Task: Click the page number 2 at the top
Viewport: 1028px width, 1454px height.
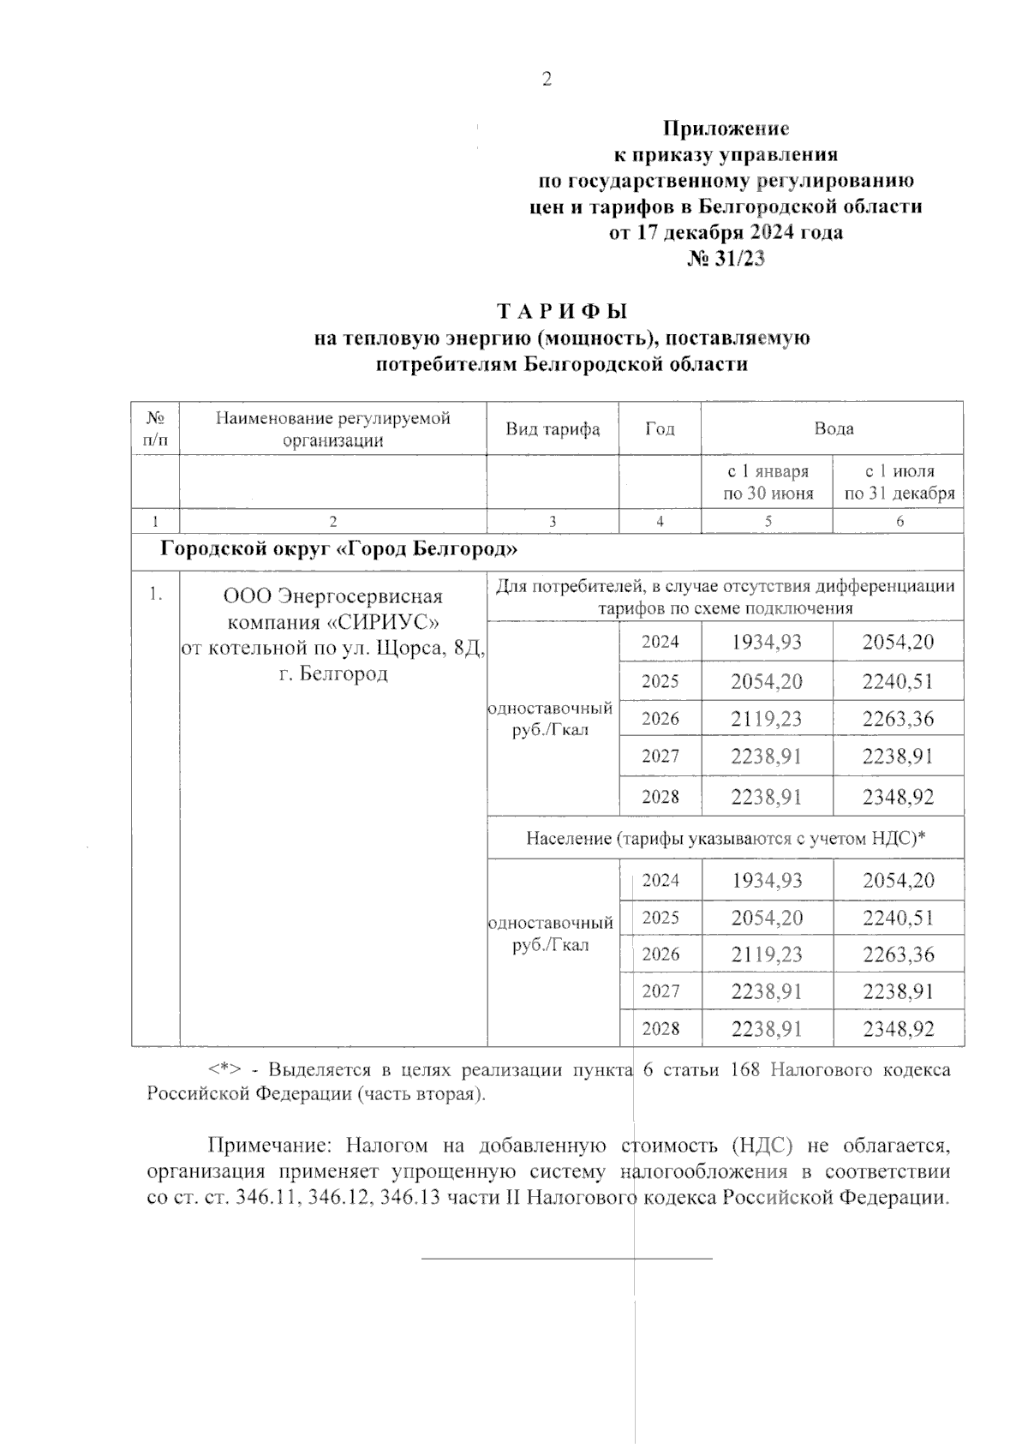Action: (547, 80)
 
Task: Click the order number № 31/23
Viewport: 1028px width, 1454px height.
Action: (726, 259)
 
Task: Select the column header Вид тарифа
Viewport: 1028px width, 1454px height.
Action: (553, 428)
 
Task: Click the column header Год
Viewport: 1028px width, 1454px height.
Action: (660, 428)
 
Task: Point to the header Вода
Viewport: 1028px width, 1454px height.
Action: (833, 428)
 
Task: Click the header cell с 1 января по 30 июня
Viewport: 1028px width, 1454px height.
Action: (768, 482)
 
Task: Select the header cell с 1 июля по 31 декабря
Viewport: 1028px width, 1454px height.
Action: (899, 482)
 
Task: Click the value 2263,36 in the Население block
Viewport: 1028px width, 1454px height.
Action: (898, 954)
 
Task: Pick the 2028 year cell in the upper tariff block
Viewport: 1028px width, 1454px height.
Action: (660, 797)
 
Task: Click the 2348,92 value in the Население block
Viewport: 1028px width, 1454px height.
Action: (898, 1028)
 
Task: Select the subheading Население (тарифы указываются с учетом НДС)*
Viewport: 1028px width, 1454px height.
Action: (726, 839)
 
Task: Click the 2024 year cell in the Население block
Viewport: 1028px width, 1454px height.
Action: (660, 880)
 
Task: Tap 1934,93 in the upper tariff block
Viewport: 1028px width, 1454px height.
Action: (767, 642)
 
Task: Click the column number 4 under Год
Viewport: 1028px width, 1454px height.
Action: (660, 521)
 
